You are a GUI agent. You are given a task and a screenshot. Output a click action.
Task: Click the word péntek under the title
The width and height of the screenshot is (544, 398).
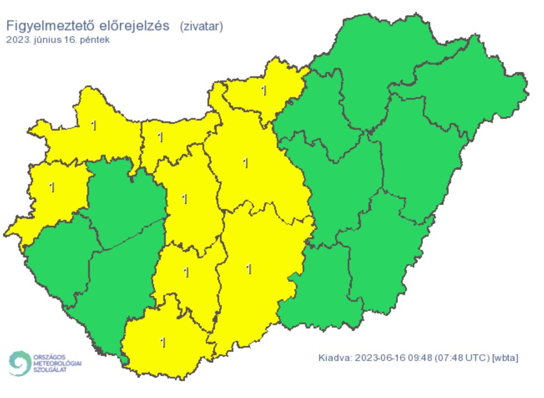click(x=98, y=40)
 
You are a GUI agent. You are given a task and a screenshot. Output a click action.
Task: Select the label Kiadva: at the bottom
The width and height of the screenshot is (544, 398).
click(x=334, y=357)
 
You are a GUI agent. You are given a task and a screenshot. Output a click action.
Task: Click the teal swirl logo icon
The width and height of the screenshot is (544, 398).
click(x=20, y=363)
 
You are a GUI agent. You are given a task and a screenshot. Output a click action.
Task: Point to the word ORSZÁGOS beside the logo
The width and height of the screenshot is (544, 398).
click(x=50, y=356)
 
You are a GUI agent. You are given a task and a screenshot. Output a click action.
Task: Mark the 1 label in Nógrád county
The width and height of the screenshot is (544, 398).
click(x=264, y=90)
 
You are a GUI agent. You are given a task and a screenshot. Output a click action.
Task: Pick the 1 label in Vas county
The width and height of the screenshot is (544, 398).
click(x=52, y=187)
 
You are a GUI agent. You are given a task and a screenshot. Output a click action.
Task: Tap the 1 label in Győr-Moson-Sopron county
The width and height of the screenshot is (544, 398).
click(x=93, y=126)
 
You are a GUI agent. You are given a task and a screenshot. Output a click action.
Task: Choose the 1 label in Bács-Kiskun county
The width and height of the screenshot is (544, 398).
click(x=249, y=269)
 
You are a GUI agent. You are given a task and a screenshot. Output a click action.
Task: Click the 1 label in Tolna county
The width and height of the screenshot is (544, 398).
click(x=186, y=273)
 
